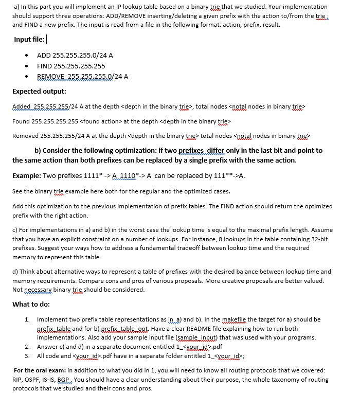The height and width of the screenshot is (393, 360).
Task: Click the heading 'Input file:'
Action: point(30,40)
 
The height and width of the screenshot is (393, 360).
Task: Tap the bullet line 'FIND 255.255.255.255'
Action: point(71,66)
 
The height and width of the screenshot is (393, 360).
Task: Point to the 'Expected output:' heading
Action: point(39,92)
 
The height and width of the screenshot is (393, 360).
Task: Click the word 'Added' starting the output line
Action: point(21,106)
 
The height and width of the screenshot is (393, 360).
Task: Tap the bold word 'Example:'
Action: point(27,175)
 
